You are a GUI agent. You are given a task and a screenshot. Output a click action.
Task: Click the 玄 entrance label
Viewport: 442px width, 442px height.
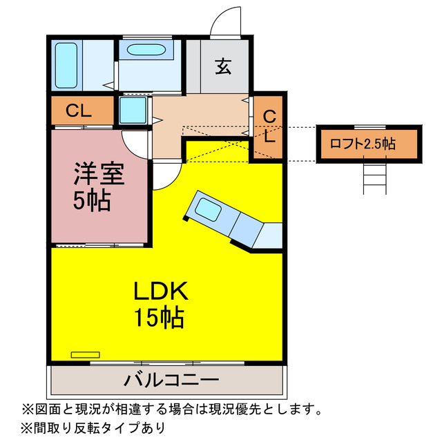tap(222, 66)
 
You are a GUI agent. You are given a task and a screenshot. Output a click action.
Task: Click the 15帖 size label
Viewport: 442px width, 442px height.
tap(158, 318)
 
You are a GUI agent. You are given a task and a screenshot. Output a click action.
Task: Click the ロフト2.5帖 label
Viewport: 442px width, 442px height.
tap(362, 144)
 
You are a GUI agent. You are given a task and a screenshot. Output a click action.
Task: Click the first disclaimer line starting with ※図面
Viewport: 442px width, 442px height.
tap(172, 407)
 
